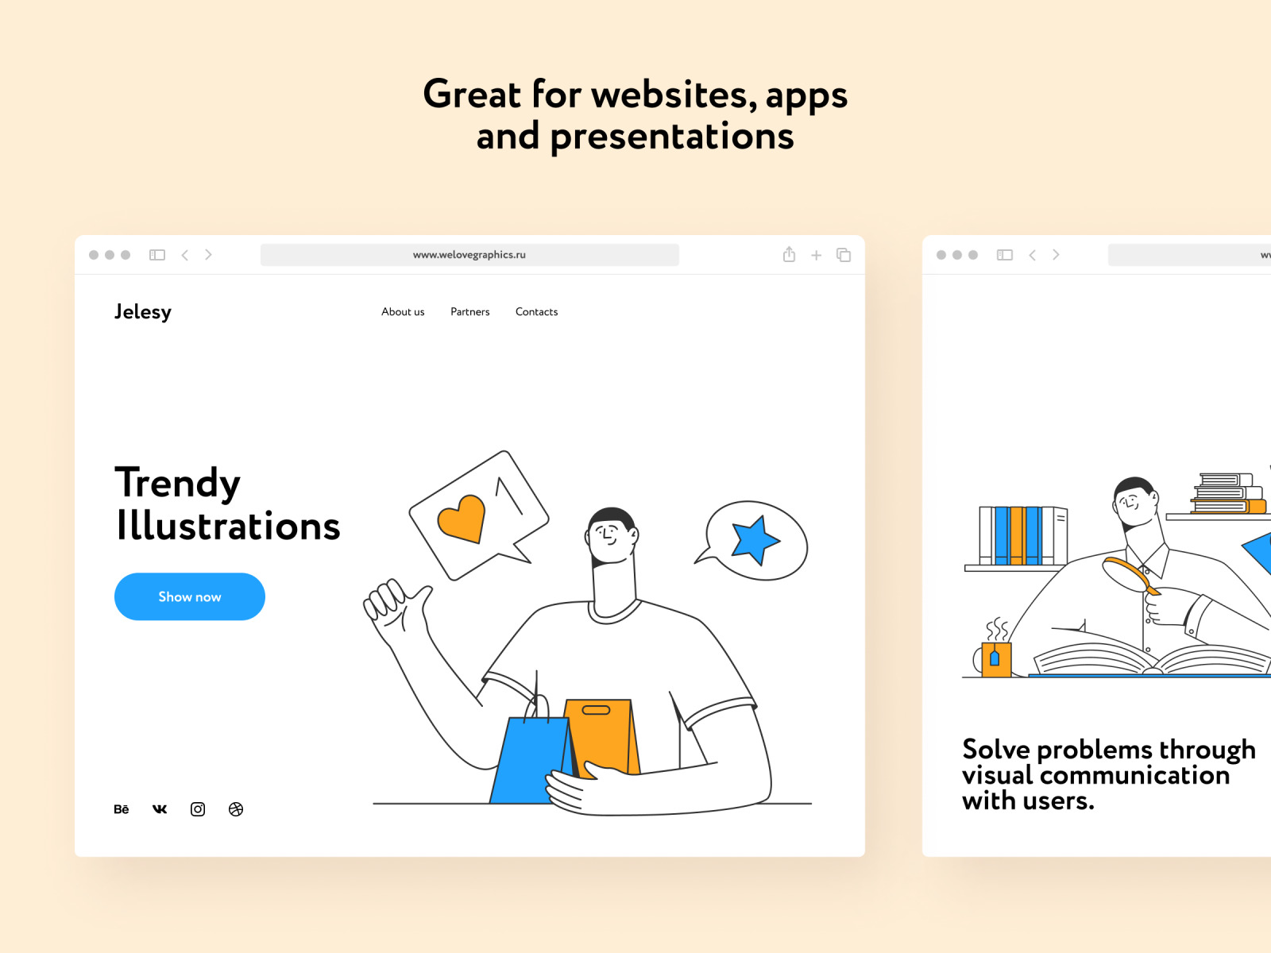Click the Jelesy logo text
point(142,312)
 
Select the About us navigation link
point(403,312)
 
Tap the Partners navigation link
point(469,312)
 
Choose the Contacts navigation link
point(536,312)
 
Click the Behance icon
point(121,809)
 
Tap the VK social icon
point(159,809)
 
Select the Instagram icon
point(198,809)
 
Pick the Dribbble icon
point(236,809)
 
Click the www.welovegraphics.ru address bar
point(469,255)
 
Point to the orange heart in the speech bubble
point(462,519)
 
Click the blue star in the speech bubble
point(755,539)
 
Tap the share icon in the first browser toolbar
point(789,255)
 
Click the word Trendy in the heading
point(177,484)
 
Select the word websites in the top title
point(674,95)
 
